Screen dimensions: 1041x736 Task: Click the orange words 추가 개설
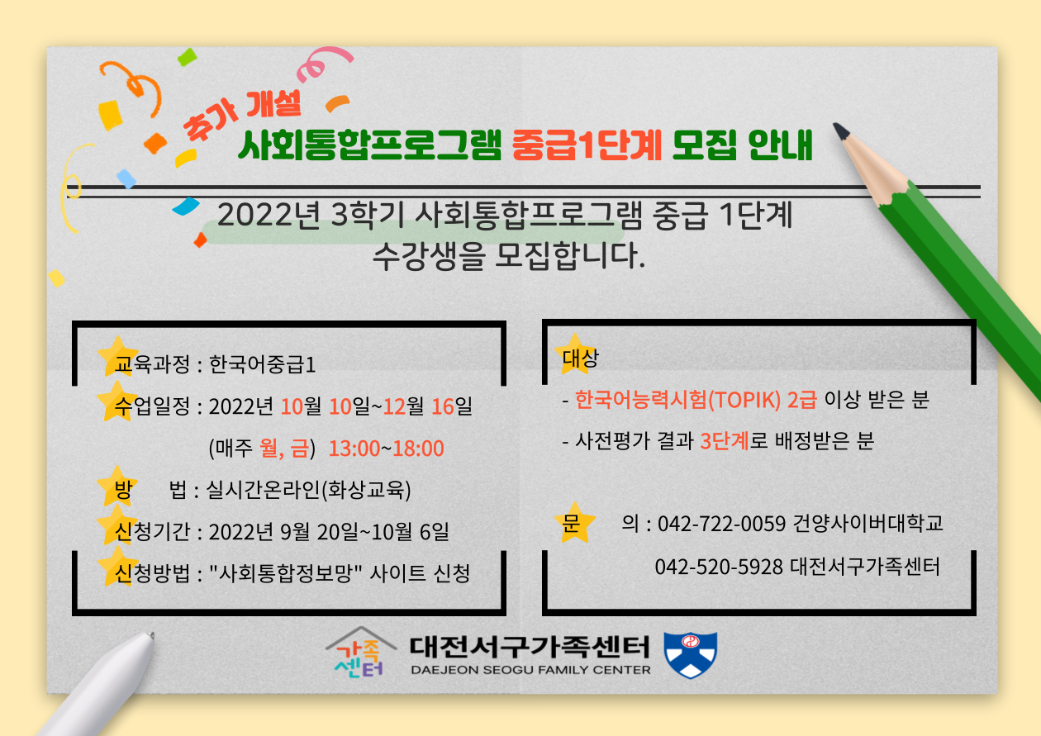click(x=241, y=114)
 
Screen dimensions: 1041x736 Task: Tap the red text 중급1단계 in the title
click(x=587, y=145)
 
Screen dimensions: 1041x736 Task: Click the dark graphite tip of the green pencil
click(x=841, y=131)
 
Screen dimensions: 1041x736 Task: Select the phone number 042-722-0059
click(x=721, y=524)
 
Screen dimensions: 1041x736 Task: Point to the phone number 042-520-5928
click(x=719, y=567)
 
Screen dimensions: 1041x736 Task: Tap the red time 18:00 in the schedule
click(x=418, y=449)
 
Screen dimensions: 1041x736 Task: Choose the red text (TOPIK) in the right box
click(x=744, y=400)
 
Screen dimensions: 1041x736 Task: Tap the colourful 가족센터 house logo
click(x=360, y=653)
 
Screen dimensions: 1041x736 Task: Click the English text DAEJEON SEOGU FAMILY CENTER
click(x=530, y=670)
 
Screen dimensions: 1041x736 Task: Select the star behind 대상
click(x=574, y=354)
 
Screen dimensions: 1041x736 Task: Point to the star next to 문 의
click(x=575, y=523)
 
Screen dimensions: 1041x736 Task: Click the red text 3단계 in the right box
click(x=725, y=440)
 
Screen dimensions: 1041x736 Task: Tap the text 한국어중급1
click(x=262, y=364)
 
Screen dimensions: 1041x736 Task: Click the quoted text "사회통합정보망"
click(x=286, y=573)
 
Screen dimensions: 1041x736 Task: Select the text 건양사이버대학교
click(x=867, y=523)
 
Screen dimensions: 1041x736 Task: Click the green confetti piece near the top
click(x=188, y=57)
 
